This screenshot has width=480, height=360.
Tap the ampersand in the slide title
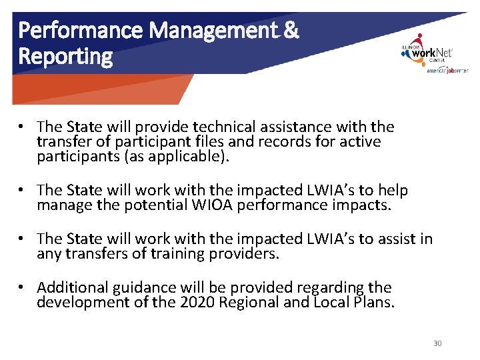(x=291, y=30)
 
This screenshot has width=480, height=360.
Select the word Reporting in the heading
(x=65, y=57)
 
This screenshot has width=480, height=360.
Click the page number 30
(x=437, y=343)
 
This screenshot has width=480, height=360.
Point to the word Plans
(x=375, y=303)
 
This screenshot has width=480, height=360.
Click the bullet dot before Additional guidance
(x=22, y=287)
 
